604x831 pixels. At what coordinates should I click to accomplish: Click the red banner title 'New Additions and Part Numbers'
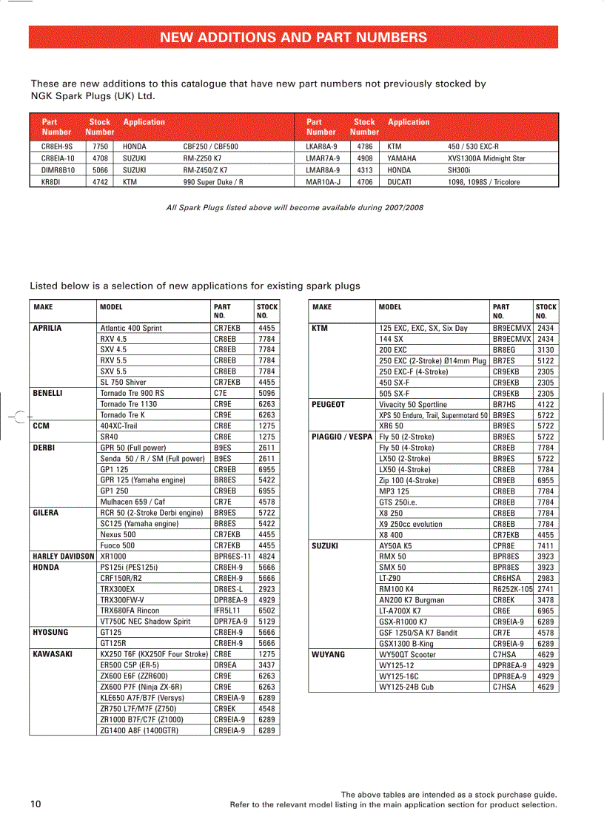(x=293, y=38)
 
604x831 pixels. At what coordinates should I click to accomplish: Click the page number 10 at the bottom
(x=36, y=804)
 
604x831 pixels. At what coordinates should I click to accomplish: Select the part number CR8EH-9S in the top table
(x=57, y=147)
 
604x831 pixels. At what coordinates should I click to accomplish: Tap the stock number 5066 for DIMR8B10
(x=100, y=169)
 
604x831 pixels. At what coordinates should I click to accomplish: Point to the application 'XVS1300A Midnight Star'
(x=486, y=158)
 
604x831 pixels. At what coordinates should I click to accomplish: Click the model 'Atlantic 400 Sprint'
(x=131, y=328)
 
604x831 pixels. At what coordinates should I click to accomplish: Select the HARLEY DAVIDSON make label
(x=64, y=556)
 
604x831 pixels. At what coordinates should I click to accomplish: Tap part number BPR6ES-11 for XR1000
(x=232, y=556)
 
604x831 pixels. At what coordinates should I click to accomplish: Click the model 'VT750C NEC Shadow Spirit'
(x=145, y=622)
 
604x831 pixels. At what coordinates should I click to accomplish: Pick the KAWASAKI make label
(x=52, y=654)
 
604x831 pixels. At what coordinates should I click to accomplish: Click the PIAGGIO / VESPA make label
(x=342, y=437)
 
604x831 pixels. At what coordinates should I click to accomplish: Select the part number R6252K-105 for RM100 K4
(x=512, y=589)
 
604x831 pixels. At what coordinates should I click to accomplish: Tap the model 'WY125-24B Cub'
(x=406, y=687)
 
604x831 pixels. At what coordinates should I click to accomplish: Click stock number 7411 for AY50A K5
(x=546, y=545)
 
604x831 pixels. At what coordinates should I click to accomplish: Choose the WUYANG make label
(x=329, y=654)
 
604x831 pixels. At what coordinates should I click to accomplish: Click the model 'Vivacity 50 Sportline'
(x=413, y=405)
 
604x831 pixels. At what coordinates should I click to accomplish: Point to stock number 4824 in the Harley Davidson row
(x=266, y=556)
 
